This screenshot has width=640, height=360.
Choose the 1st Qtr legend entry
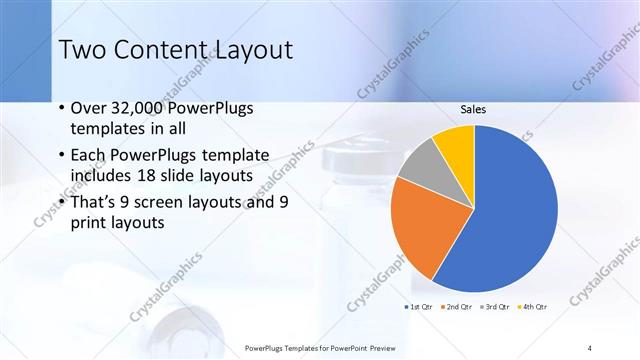pyautogui.click(x=416, y=306)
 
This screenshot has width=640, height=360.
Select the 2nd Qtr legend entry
pyautogui.click(x=455, y=306)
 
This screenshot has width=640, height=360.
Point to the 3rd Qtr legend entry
pyautogui.click(x=494, y=306)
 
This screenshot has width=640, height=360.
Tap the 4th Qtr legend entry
pyautogui.click(x=532, y=306)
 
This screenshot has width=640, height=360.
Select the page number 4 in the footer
pyautogui.click(x=590, y=347)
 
